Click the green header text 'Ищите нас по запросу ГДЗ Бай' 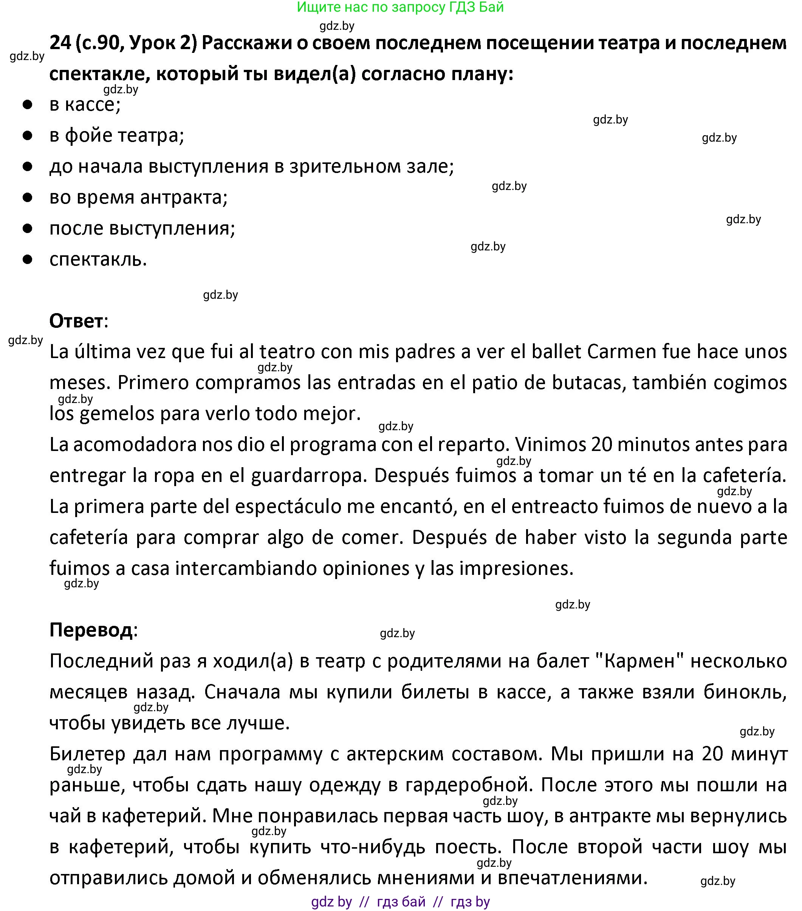(400, 7)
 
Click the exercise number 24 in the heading (60, 43)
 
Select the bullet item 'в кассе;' (85, 105)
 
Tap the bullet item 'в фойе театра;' (116, 136)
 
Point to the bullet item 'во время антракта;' (138, 198)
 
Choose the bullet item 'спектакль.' (98, 259)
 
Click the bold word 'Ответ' (76, 321)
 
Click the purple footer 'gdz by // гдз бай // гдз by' (400, 902)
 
